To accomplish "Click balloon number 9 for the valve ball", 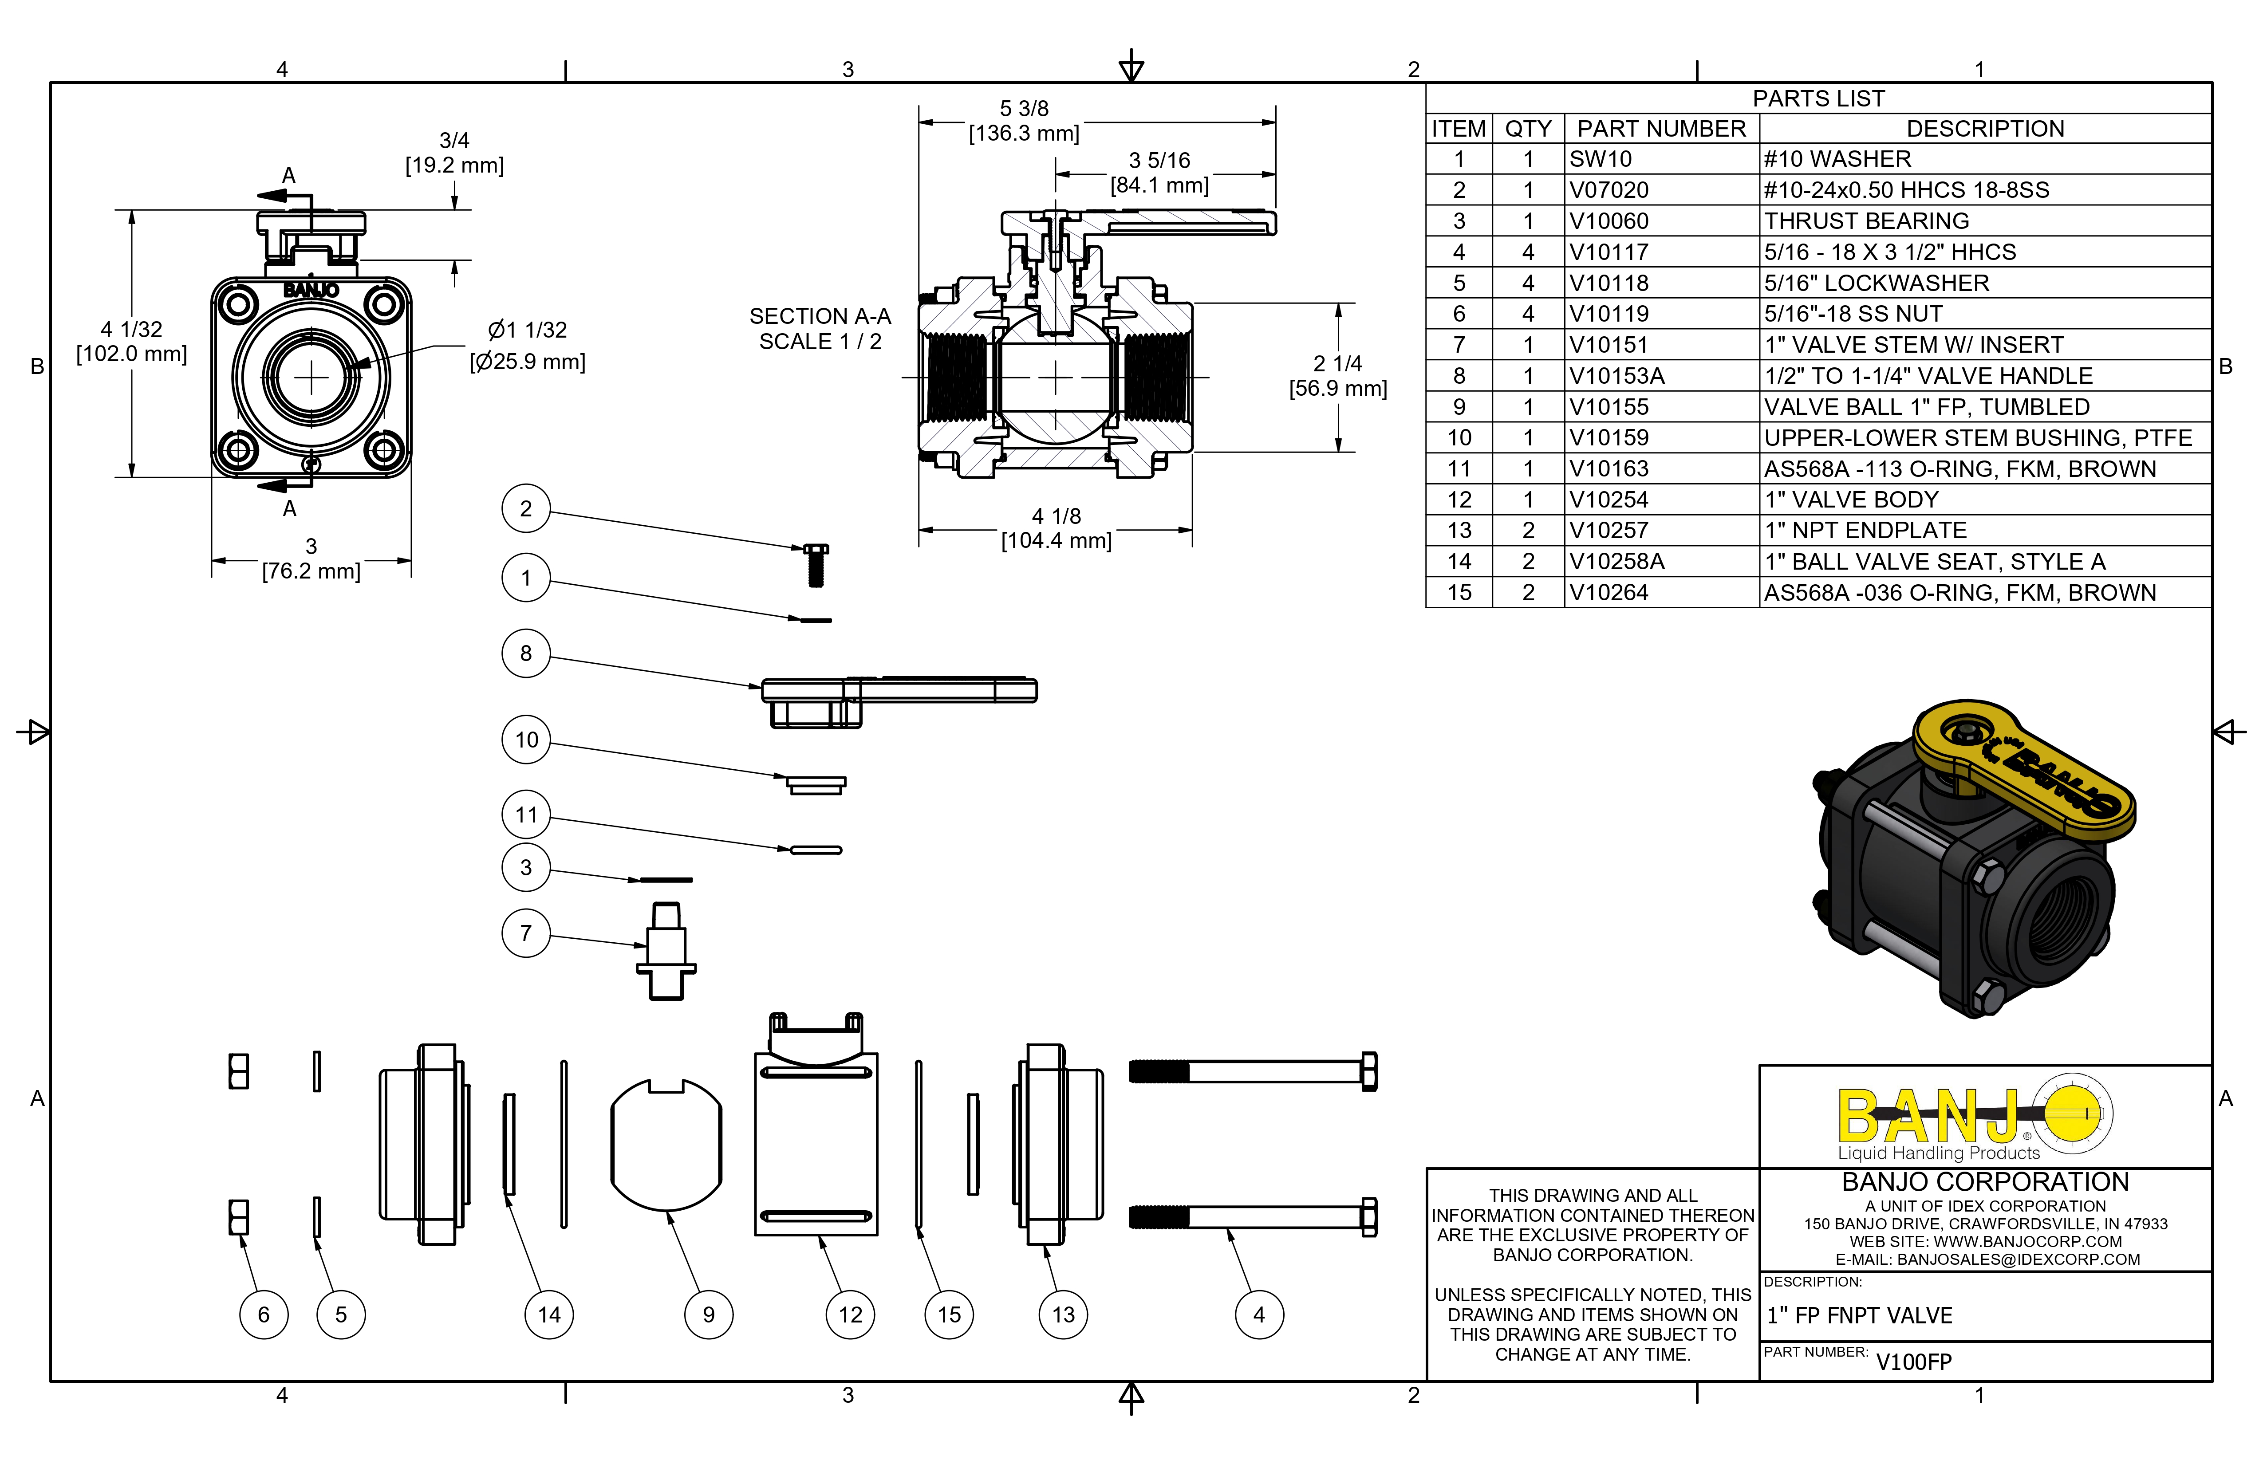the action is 708,1315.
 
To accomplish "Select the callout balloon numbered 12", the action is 850,1315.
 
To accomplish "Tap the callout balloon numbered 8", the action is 526,653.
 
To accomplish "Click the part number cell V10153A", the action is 1616,375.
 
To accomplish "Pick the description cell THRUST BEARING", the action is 1866,220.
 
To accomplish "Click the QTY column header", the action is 1528,128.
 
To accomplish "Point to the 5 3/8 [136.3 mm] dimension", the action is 1024,121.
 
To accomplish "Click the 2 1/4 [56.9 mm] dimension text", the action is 1338,375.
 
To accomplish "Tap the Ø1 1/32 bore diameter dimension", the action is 528,345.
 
